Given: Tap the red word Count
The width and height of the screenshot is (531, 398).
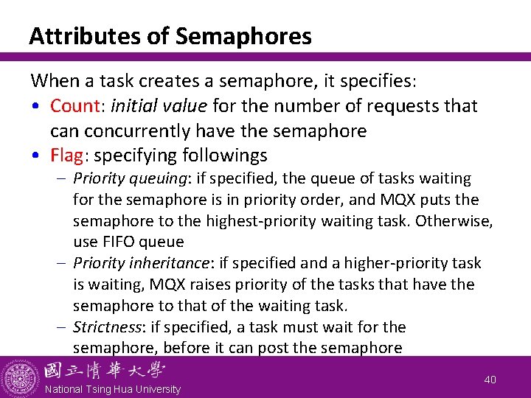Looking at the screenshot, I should point(74,106).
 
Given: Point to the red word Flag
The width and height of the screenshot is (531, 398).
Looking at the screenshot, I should point(66,156).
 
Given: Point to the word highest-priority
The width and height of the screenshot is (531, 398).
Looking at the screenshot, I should point(271,220).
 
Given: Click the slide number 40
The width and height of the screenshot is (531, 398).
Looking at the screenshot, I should point(490,379).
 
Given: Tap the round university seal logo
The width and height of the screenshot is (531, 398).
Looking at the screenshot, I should point(20,377).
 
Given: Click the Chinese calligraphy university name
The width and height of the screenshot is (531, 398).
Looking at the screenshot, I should point(105,370).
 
